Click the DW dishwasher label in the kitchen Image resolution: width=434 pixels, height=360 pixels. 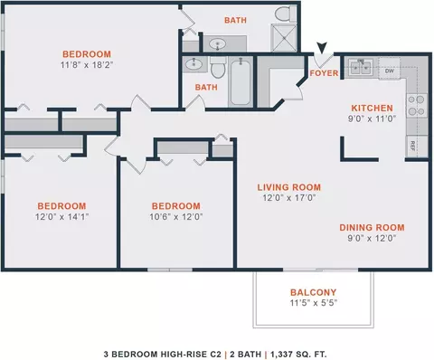[x=390, y=71]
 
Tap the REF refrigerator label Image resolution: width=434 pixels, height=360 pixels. [x=412, y=146]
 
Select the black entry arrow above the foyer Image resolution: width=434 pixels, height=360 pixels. [x=322, y=48]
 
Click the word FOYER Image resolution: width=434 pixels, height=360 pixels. [x=324, y=73]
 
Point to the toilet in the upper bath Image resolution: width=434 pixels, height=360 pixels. [x=285, y=14]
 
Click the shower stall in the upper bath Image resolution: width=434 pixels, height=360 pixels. [x=284, y=38]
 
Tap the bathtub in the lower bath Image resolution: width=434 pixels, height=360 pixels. [x=241, y=81]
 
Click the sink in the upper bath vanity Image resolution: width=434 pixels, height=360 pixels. [x=217, y=44]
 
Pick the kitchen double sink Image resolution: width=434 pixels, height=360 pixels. [x=361, y=67]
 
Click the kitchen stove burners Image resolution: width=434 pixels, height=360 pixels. [x=417, y=105]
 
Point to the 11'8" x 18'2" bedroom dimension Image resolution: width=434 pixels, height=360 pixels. [x=87, y=65]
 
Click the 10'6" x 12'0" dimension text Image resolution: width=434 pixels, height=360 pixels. [x=176, y=216]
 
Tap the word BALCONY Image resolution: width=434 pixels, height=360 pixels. [x=313, y=292]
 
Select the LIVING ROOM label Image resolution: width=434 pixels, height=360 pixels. [x=289, y=187]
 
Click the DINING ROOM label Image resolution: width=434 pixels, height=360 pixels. [x=372, y=227]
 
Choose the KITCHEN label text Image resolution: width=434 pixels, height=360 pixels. [x=372, y=108]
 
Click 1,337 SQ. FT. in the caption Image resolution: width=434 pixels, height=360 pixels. [x=298, y=354]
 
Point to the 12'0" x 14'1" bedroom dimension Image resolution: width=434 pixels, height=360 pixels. [x=61, y=216]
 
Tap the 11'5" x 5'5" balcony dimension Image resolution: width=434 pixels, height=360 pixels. [x=314, y=302]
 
